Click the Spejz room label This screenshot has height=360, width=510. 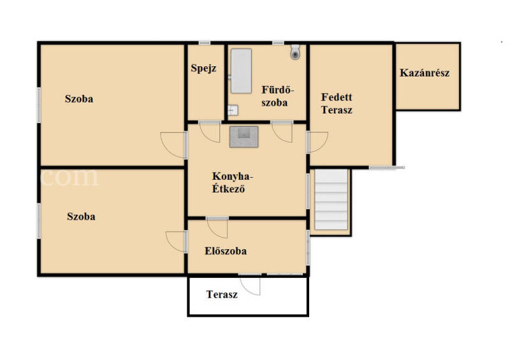203,68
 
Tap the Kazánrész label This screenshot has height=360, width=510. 425,73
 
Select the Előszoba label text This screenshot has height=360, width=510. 226,251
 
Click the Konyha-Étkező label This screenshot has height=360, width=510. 233,182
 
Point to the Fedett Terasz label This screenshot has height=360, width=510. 337,103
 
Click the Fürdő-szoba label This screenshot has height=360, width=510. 277,96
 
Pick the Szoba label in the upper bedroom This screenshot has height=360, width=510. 79,99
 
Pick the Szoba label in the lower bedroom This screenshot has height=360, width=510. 81,216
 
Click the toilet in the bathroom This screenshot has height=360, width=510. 295,52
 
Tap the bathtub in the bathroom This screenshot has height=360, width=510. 241,71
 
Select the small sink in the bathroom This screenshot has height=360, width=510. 233,110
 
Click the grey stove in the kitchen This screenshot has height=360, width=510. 244,137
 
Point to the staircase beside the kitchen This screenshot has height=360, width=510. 331,199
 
